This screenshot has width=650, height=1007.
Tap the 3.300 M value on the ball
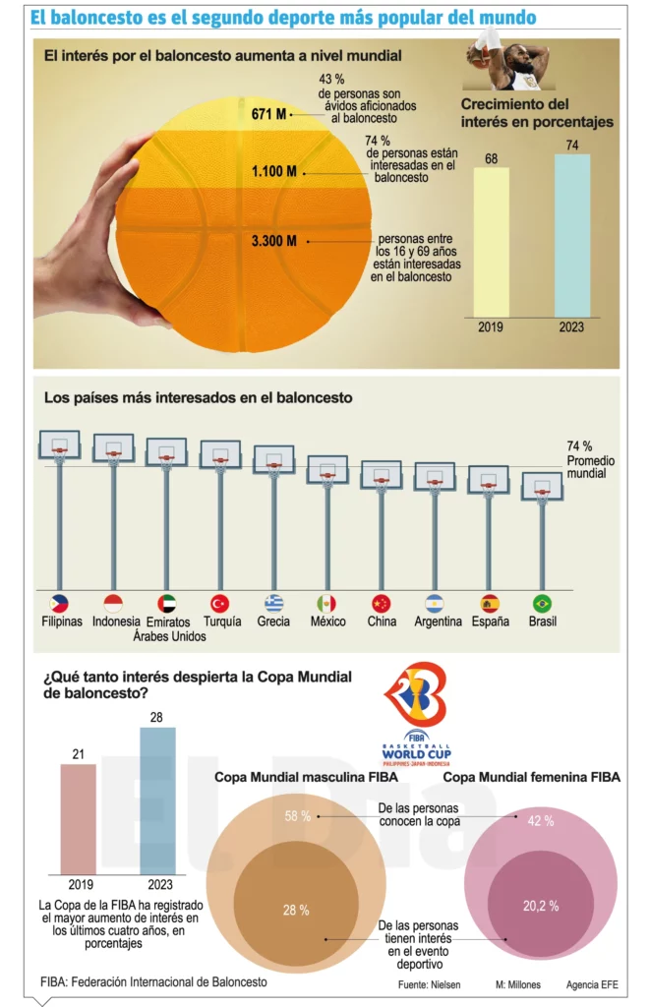click(274, 240)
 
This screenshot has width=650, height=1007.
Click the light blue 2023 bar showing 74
click(571, 234)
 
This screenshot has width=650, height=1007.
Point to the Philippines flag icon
click(59, 604)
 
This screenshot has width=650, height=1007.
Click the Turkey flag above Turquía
click(220, 604)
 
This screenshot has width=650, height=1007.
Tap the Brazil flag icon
click(542, 604)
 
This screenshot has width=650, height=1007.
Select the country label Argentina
click(438, 622)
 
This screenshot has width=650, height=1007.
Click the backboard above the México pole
click(327, 469)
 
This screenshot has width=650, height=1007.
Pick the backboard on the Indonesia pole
click(113, 448)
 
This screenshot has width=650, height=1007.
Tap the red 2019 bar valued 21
click(79, 818)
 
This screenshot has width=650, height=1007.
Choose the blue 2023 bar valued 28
click(157, 800)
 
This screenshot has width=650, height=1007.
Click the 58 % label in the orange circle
click(298, 816)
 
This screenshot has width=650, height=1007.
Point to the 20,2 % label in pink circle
click(541, 906)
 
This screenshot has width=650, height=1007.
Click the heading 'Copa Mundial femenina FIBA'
click(532, 777)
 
